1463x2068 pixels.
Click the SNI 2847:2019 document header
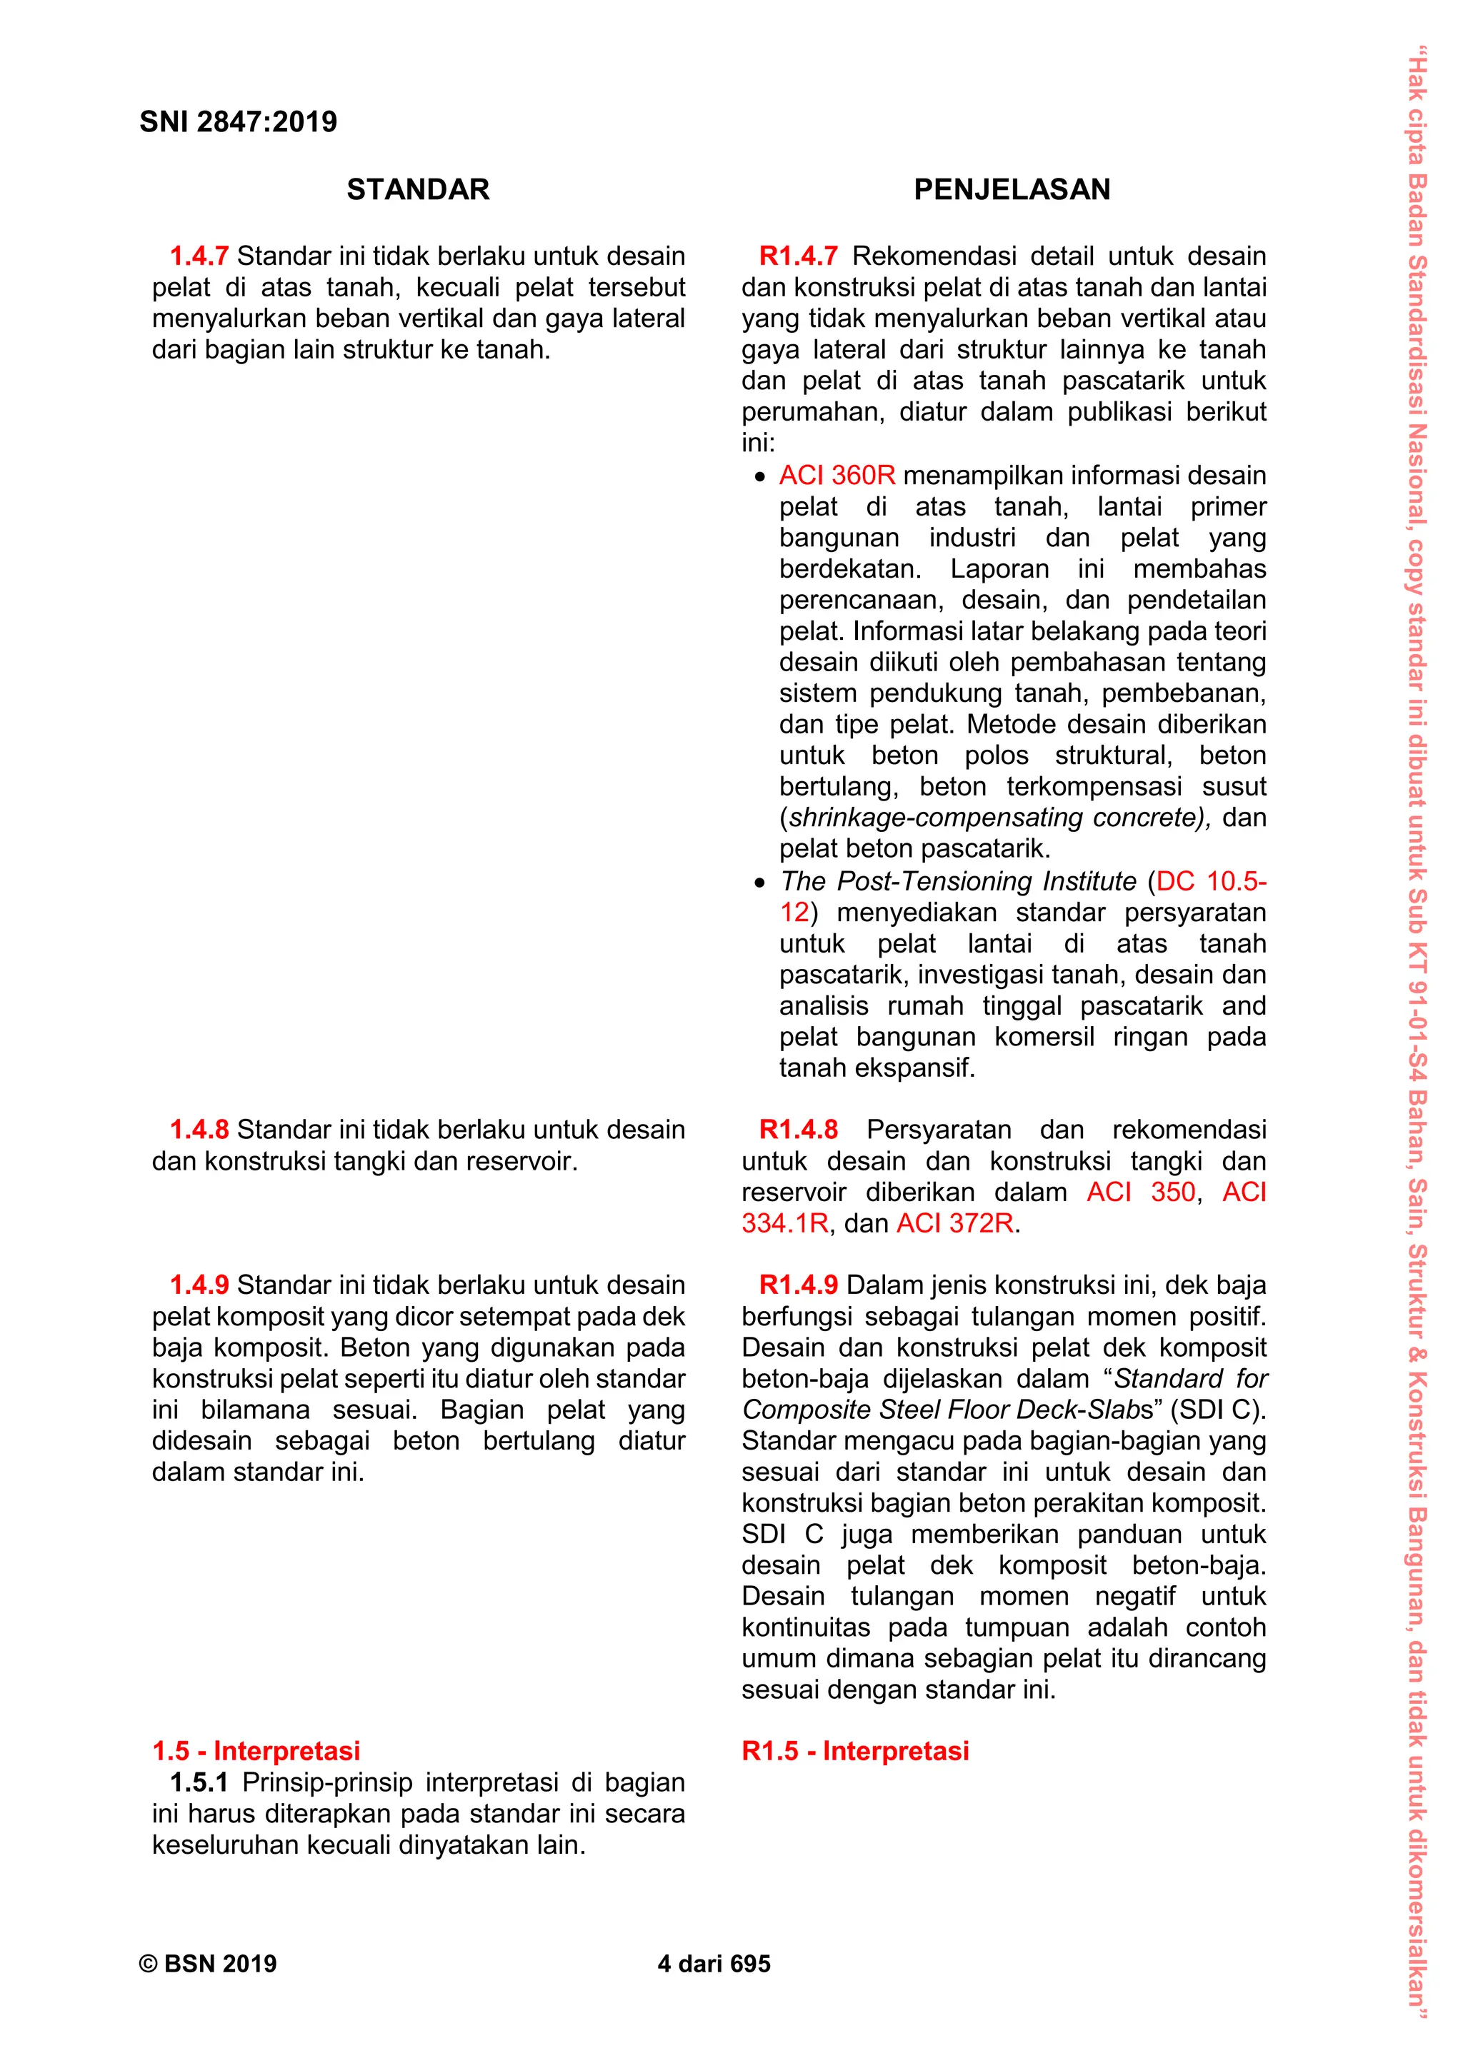(238, 121)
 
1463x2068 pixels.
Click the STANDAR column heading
(418, 189)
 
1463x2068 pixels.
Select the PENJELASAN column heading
(1012, 189)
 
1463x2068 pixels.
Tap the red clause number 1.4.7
(199, 256)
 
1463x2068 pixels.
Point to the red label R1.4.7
(798, 256)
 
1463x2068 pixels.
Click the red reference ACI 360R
(837, 476)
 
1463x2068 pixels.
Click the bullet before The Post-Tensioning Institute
(759, 883)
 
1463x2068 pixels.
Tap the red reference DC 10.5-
(1211, 881)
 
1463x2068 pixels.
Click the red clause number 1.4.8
(199, 1130)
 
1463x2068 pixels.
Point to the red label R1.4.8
(798, 1130)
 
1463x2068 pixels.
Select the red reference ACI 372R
(955, 1223)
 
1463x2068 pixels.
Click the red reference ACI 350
(1141, 1192)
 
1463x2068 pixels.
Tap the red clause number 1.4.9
(199, 1285)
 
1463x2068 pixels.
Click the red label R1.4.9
(798, 1285)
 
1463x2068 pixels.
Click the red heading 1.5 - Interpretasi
(256, 1751)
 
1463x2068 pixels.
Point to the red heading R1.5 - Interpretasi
(855, 1751)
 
